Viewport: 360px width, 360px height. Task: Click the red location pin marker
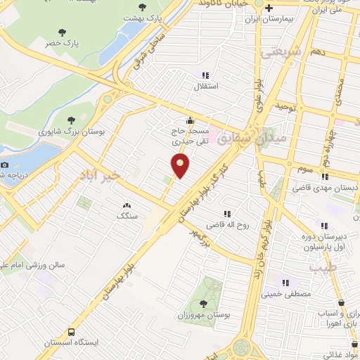(181, 166)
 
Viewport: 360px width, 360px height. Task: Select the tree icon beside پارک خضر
(63, 32)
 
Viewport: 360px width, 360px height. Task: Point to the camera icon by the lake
(5, 165)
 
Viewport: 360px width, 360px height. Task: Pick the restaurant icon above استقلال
(205, 75)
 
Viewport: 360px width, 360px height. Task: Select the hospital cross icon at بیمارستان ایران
(269, 8)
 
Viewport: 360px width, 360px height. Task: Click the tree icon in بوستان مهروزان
(203, 304)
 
